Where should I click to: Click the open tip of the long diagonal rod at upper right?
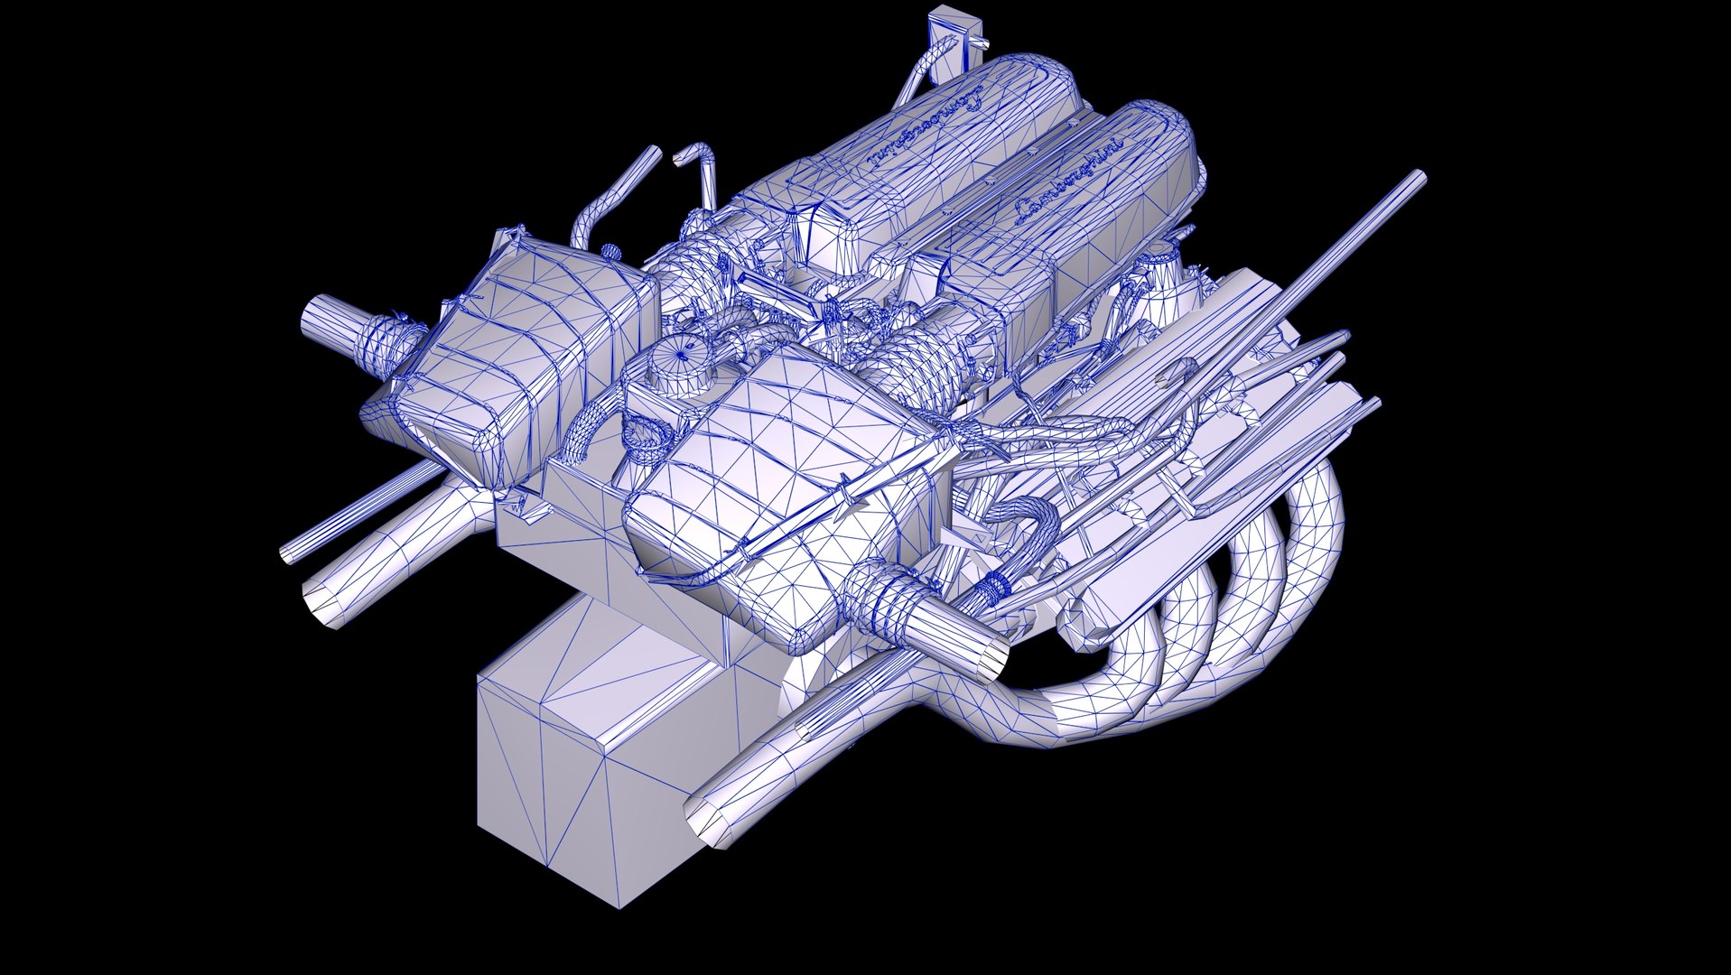click(1418, 176)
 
